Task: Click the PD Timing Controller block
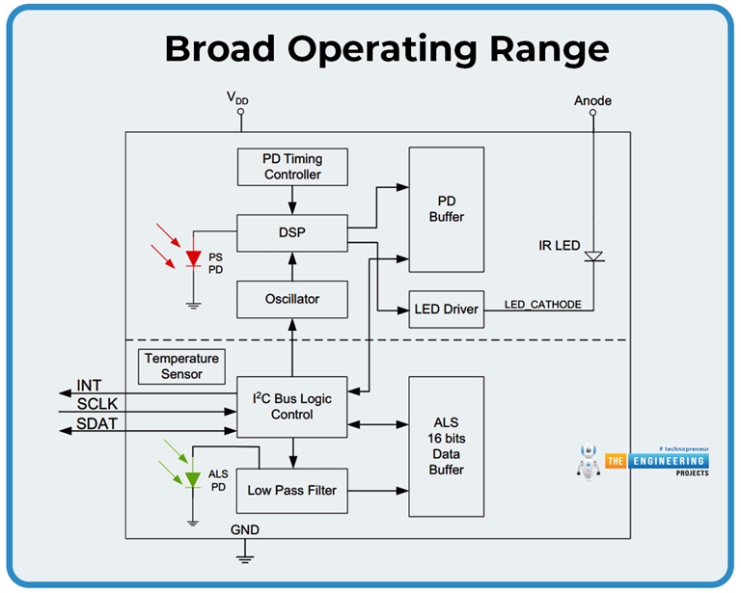[292, 167]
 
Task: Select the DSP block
[292, 232]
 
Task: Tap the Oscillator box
[292, 299]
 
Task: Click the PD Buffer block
[446, 210]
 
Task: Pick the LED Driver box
[446, 310]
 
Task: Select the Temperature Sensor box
[181, 365]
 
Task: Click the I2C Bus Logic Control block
[292, 406]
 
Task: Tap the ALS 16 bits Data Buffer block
[446, 446]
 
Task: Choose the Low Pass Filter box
[292, 490]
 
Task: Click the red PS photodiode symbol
[193, 258]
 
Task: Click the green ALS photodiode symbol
[193, 478]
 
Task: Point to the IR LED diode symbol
[594, 256]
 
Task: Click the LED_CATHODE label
[543, 304]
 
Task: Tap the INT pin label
[89, 386]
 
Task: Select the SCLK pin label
[97, 404]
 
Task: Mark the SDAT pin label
[97, 424]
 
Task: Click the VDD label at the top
[238, 98]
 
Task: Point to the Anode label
[592, 100]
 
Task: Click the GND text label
[244, 530]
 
